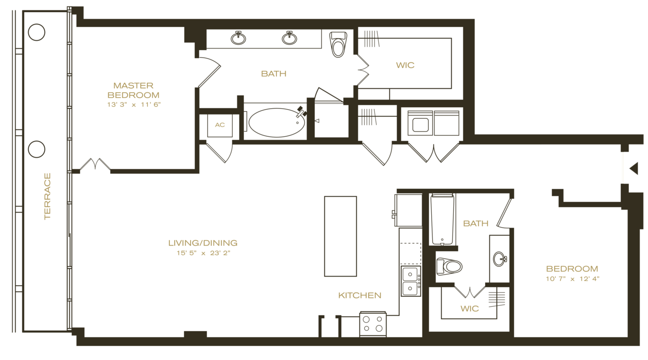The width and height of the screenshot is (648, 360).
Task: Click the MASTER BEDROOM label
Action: tap(133, 90)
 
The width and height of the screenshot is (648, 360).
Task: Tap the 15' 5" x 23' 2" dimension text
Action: tap(202, 253)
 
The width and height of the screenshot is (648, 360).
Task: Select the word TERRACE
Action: tap(48, 196)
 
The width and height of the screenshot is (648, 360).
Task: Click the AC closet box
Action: tap(220, 125)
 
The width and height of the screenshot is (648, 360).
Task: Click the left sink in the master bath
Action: tap(238, 37)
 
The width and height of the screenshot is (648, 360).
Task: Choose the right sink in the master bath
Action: tap(290, 37)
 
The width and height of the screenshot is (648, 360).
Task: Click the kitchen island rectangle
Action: tap(340, 236)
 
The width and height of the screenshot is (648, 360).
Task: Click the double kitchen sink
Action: tap(411, 281)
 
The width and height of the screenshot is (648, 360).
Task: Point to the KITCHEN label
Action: tap(359, 295)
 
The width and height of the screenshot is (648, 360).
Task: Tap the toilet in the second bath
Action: tap(449, 266)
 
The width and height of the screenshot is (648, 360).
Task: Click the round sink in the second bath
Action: tap(500, 259)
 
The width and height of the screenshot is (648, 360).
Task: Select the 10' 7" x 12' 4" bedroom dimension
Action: tap(572, 278)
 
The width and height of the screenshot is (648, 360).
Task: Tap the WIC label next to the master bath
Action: tap(405, 65)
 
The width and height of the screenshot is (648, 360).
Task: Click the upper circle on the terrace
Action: tap(37, 33)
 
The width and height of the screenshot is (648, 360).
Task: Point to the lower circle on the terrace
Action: tap(37, 149)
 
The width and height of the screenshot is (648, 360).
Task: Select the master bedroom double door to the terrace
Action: tap(96, 165)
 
